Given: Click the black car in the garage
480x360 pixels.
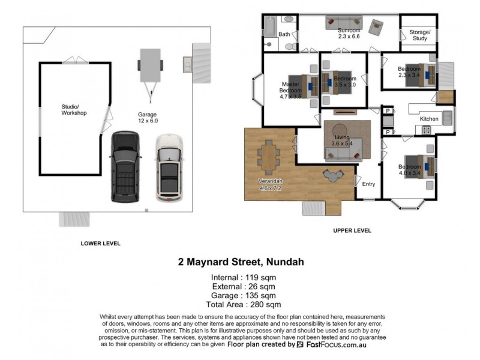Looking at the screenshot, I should tap(125, 167).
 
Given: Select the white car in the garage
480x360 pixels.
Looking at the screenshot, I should tap(169, 167).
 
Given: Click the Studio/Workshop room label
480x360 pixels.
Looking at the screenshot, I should tap(74, 110).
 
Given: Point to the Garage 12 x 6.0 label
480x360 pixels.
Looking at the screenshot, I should tap(147, 117).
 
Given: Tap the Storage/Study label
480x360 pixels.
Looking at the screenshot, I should tap(419, 35).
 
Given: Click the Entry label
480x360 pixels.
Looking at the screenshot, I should tap(368, 184).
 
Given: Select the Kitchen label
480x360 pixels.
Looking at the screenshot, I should tap(428, 119).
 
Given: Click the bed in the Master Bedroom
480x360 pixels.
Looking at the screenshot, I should tap(307, 85).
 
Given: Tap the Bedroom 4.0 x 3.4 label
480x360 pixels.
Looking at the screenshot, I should tap(410, 170).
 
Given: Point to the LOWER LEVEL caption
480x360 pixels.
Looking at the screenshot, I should tap(101, 244).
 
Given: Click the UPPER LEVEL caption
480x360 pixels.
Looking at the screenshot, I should tap(352, 230).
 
